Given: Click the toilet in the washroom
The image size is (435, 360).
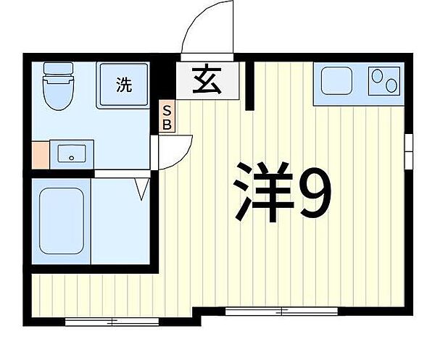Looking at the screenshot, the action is pos(58,86).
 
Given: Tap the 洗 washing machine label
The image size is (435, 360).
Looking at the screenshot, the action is pos(124,84).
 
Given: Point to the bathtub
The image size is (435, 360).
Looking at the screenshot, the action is pos(62,221).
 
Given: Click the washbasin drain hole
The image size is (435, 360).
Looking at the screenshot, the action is pos(72,158).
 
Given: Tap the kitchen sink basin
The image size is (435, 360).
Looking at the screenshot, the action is pos(337,80).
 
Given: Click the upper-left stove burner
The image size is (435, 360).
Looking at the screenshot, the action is pos(376,76).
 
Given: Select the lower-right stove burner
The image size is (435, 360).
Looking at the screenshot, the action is pos(391,85).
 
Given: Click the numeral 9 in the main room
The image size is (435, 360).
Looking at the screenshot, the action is pos(315,193).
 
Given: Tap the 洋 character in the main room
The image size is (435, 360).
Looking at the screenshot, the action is pos(263,193).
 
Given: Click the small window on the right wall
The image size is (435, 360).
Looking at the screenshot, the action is pos(409,151).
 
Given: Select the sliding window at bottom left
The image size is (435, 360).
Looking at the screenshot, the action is pos(112,322).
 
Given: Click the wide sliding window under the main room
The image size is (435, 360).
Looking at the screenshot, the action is pos(281,311).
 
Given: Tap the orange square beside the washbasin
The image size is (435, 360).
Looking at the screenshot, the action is pos(41,155).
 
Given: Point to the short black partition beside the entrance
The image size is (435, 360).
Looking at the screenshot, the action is pos(249,86).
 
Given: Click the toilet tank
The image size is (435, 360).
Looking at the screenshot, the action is pos(58,68).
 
